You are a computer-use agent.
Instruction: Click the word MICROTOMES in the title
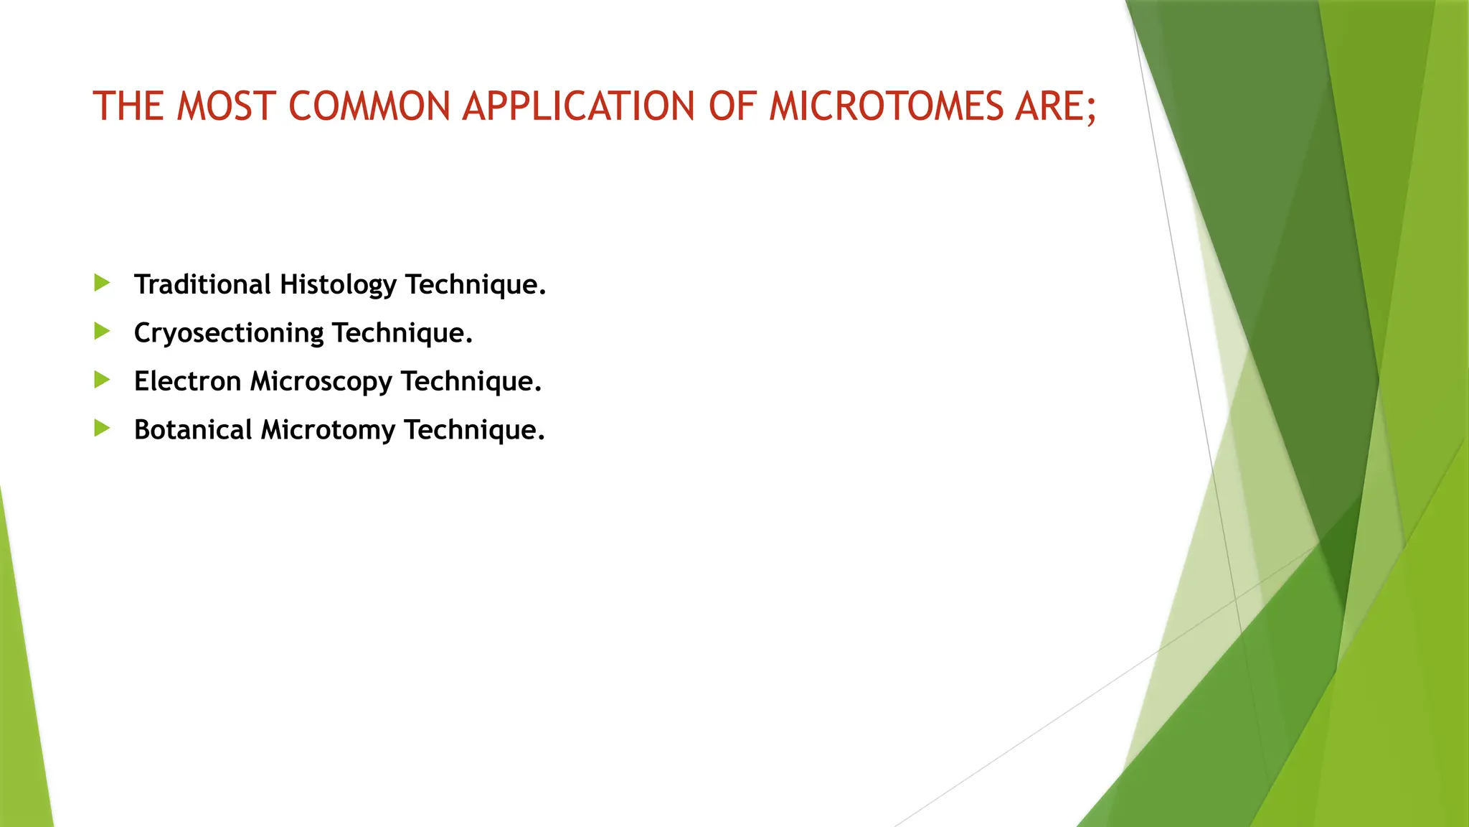click(886, 106)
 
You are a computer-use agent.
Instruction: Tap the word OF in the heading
click(732, 106)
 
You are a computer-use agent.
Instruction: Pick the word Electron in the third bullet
click(187, 381)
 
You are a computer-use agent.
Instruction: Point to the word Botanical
click(193, 429)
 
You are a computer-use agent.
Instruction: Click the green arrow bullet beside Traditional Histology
click(102, 283)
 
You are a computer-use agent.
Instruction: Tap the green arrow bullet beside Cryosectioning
click(102, 331)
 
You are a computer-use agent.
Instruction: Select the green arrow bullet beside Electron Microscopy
click(102, 380)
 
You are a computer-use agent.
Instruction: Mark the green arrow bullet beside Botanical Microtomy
click(102, 429)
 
